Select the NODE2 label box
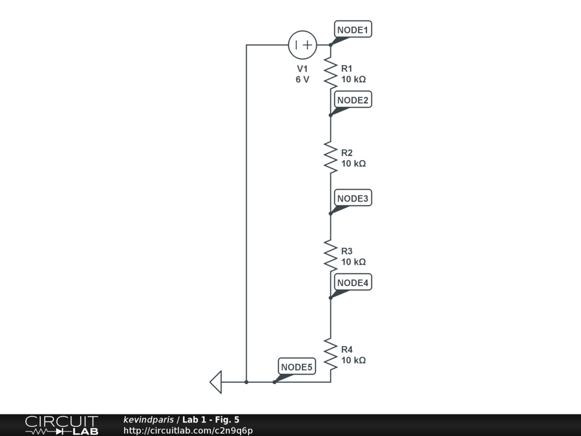[x=353, y=100]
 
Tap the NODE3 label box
[x=353, y=199]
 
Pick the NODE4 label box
[x=353, y=283]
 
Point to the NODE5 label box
[x=297, y=367]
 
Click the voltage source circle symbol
[x=302, y=45]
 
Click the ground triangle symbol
[x=216, y=382]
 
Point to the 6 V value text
[x=302, y=79]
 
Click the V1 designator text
[x=302, y=69]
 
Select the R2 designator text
[x=347, y=153]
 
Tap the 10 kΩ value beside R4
[x=353, y=360]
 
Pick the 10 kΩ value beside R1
[x=353, y=79]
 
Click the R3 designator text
[x=347, y=251]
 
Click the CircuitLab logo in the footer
[x=61, y=425]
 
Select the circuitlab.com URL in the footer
[x=188, y=430]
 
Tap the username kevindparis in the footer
[x=149, y=420]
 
